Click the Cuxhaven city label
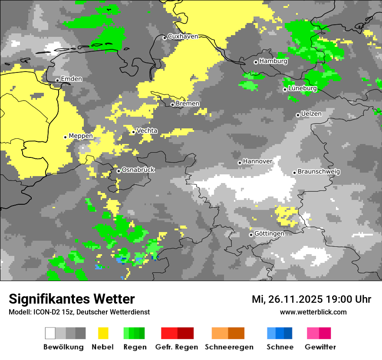point(183,36)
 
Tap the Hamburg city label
point(273,61)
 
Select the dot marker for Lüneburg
point(285,89)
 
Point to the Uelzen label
point(311,114)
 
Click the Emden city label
point(71,79)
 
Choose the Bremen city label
point(188,104)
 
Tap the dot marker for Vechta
point(134,132)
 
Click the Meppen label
point(81,136)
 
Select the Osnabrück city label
point(138,170)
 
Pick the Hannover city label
point(257,161)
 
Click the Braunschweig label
point(319,171)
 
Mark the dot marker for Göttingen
point(251,235)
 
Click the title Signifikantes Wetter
point(72,299)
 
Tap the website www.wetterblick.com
point(313,312)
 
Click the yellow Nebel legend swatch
point(103,333)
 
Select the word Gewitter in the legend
point(320,347)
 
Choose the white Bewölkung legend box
point(50,333)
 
